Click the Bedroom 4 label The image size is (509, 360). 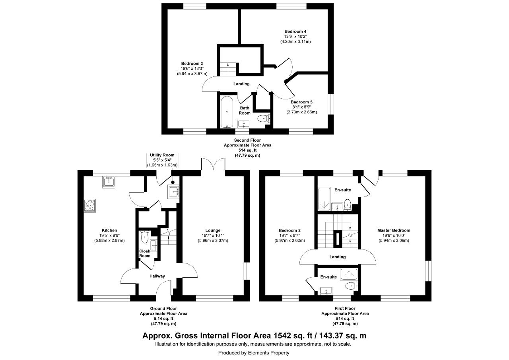point(295,31)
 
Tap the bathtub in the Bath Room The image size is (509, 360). point(227,112)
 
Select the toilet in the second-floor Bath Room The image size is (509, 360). point(264,119)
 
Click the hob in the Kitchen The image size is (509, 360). point(90,206)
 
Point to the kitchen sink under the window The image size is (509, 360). point(109,182)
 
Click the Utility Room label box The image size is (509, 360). point(162,160)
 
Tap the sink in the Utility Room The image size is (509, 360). point(174,192)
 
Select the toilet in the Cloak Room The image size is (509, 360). point(144,237)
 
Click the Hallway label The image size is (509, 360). point(157,276)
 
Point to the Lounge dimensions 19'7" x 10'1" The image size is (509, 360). point(213,235)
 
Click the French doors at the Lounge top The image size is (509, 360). point(213,164)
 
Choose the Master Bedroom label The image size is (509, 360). point(394,230)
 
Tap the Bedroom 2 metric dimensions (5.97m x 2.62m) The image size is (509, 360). point(289,240)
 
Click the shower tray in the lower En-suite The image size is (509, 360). point(349,274)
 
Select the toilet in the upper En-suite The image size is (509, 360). point(347,204)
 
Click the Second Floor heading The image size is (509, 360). point(247,140)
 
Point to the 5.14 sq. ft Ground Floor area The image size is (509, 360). point(163,319)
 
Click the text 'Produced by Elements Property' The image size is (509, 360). point(254,353)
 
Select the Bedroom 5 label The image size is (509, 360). point(301,102)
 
